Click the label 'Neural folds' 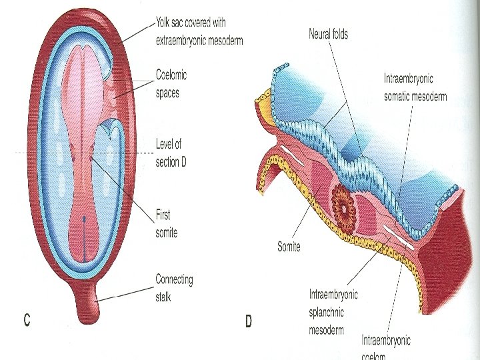pos(327,34)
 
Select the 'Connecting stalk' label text pos(174,287)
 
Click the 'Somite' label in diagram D pos(289,247)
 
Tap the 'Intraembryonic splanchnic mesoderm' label pos(333,311)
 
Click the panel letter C pos(27,320)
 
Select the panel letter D pos(248,322)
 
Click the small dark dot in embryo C pos(85,217)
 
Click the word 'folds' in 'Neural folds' pos(339,34)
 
